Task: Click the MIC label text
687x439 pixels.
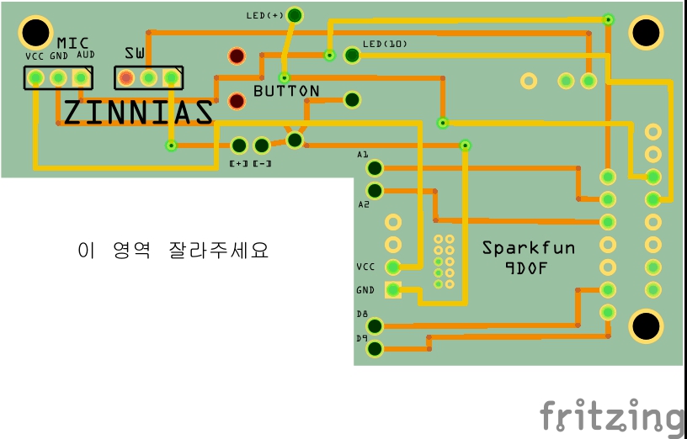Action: (72, 43)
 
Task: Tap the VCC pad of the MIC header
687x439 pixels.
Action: (35, 78)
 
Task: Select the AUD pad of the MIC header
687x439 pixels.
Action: (81, 78)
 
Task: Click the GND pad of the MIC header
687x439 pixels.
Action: (58, 78)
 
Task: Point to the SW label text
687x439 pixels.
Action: (134, 52)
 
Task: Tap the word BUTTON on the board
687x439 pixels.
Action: (286, 91)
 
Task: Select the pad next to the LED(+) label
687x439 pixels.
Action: (295, 15)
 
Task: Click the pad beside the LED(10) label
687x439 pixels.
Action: (352, 56)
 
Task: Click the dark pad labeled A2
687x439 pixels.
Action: (375, 190)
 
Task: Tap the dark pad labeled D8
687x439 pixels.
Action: (375, 325)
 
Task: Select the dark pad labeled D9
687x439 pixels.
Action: (375, 347)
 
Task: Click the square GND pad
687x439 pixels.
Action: (392, 290)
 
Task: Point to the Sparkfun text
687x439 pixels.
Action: (529, 248)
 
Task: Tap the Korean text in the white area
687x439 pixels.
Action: (173, 250)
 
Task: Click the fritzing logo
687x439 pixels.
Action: (612, 416)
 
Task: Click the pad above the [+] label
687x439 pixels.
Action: (239, 145)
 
